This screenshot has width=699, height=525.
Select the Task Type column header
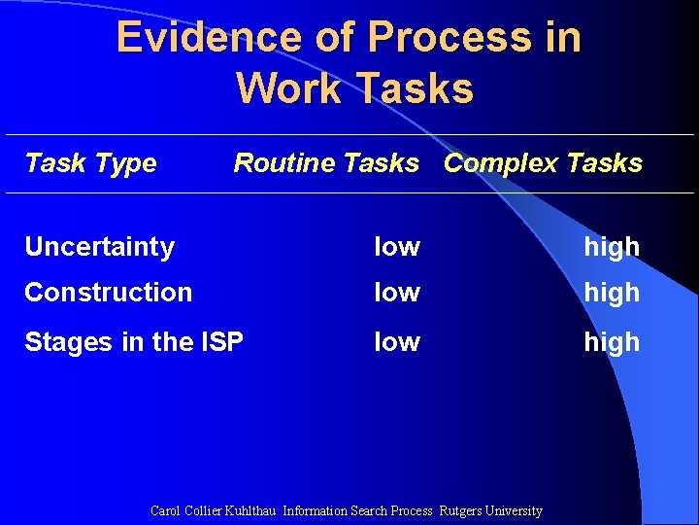pos(90,162)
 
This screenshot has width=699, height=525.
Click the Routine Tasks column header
pos(326,162)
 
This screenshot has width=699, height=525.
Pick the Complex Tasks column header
pos(543,162)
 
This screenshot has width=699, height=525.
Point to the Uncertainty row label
pos(99,247)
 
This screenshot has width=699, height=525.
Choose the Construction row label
pos(108,292)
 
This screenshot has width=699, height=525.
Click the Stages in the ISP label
pos(133,341)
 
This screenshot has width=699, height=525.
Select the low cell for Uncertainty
pos(397,247)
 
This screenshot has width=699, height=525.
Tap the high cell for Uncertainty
pos(611,248)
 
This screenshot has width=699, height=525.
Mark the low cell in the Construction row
pos(397,292)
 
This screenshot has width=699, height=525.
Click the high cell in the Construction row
pos(611,293)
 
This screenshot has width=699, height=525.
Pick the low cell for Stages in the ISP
pos(397,341)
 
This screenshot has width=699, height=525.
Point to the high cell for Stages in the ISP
pos(611,342)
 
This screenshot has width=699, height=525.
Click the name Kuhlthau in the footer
pos(251,510)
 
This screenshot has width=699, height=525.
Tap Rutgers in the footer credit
pos(461,510)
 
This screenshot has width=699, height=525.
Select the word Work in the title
pos(288,88)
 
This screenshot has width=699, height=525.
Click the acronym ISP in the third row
pos(221,341)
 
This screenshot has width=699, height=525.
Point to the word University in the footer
pos(515,510)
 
